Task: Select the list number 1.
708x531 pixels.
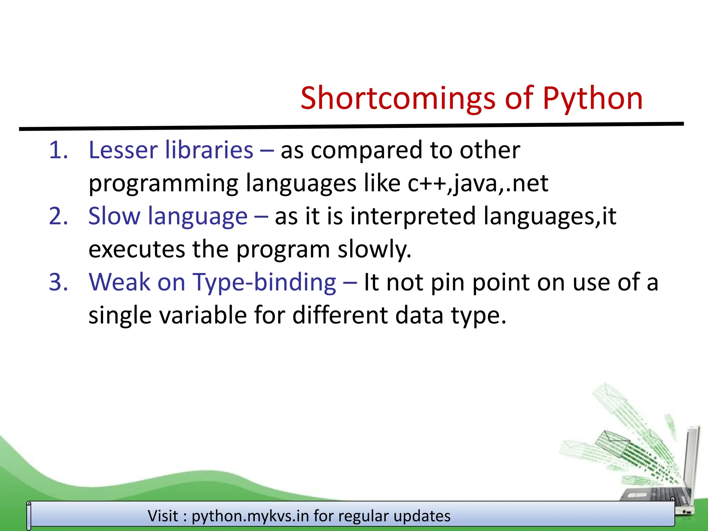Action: click(58, 150)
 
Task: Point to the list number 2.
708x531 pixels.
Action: click(58, 216)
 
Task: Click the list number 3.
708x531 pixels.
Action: click(58, 282)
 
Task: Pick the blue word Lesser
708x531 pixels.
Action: click(123, 150)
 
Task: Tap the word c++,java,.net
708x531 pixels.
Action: click(478, 183)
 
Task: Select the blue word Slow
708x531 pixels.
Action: click(114, 216)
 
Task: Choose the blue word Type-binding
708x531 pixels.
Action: click(264, 282)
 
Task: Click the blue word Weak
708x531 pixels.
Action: click(119, 282)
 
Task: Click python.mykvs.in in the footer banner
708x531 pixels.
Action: click(250, 516)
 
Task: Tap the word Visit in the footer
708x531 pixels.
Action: click(163, 516)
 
